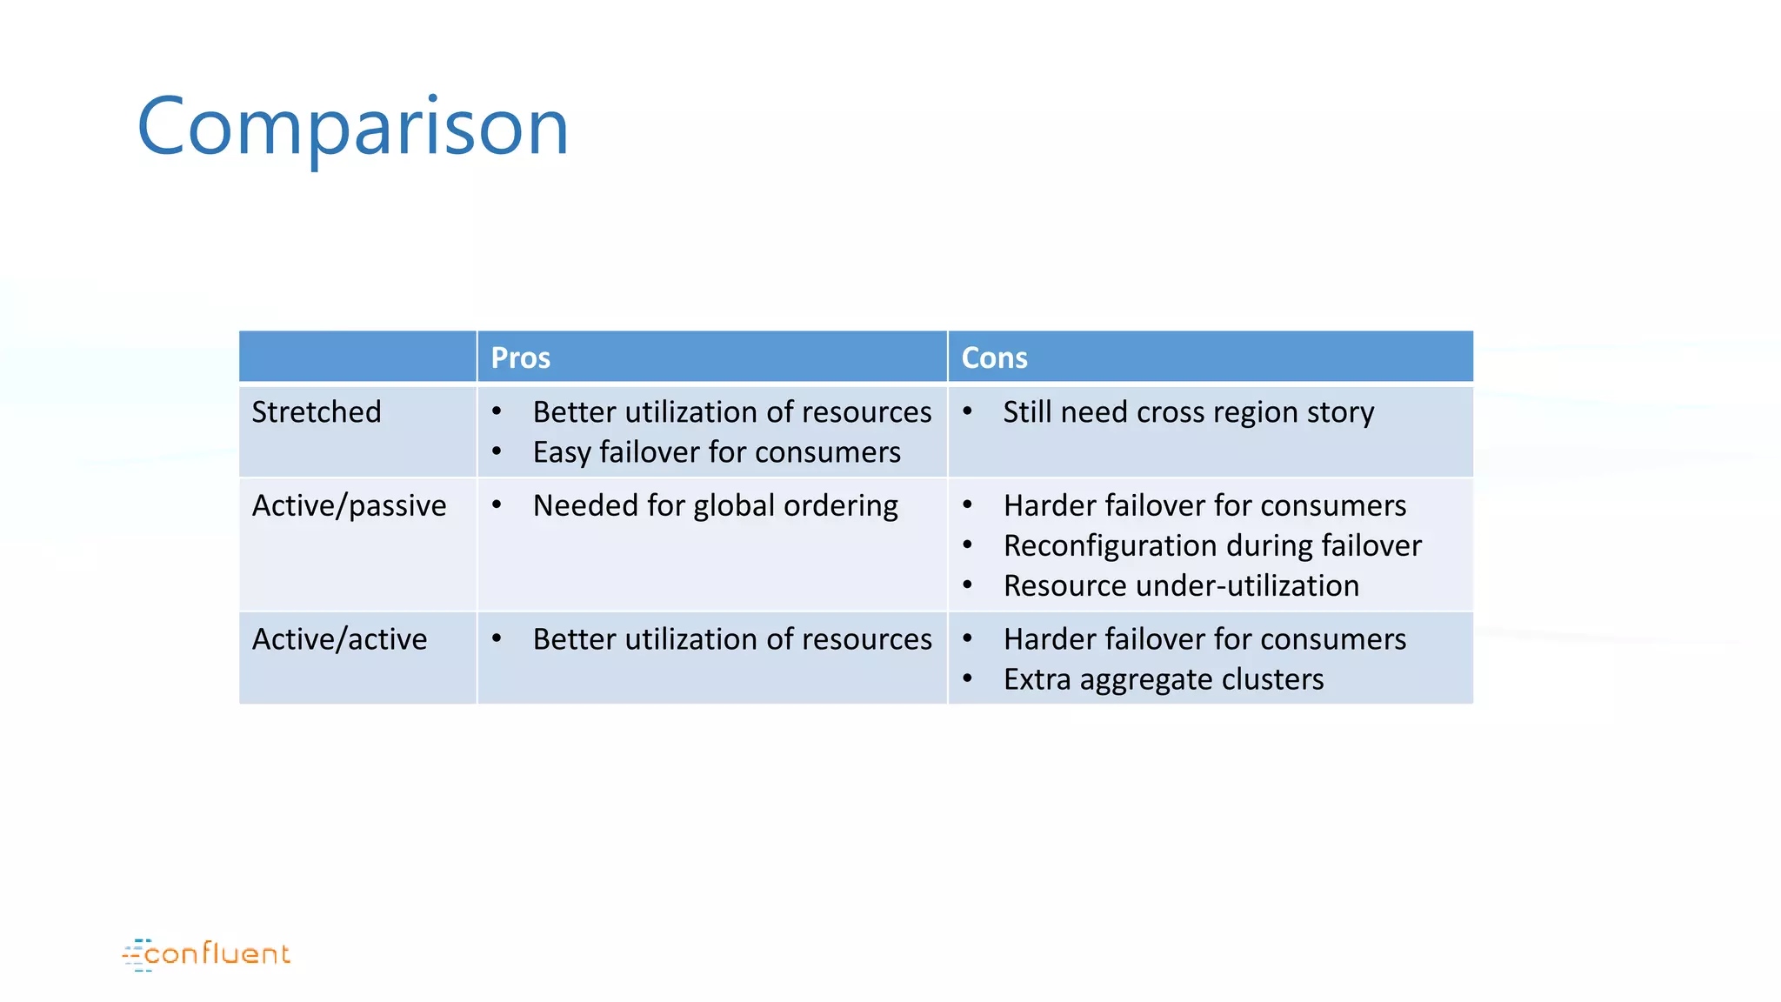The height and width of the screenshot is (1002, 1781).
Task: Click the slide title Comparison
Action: pyautogui.click(x=352, y=127)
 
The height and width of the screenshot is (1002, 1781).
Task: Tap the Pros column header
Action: pyautogui.click(x=520, y=357)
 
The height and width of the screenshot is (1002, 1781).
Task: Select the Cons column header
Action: pyautogui.click(x=994, y=357)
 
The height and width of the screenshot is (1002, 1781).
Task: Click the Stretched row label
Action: pyautogui.click(x=317, y=411)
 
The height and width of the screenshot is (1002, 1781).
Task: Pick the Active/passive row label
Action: pyautogui.click(x=349, y=505)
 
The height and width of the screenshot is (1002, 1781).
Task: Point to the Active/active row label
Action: pyautogui.click(x=339, y=639)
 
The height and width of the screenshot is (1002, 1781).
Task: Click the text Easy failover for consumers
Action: pyautogui.click(x=717, y=452)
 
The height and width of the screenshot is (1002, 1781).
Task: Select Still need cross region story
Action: pyautogui.click(x=1188, y=412)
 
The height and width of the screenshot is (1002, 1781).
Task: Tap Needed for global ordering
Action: pyautogui.click(x=715, y=505)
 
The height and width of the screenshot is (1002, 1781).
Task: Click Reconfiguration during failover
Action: pyautogui.click(x=1212, y=545)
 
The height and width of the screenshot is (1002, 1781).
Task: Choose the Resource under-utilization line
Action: pyautogui.click(x=1181, y=585)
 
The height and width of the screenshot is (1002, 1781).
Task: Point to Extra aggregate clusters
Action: pyautogui.click(x=1164, y=679)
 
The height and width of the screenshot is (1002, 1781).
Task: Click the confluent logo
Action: pyautogui.click(x=207, y=954)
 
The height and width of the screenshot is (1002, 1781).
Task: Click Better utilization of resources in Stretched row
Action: pyautogui.click(x=732, y=411)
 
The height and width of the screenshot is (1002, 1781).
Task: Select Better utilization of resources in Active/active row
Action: pyautogui.click(x=732, y=639)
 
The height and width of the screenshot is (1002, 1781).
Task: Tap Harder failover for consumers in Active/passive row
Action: pyautogui.click(x=1204, y=505)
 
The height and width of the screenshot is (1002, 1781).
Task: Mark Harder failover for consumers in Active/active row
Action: pyautogui.click(x=1204, y=639)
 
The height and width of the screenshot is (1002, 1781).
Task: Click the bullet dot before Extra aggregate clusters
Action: pyautogui.click(x=967, y=678)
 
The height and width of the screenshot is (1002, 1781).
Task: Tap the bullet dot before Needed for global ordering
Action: pyautogui.click(x=497, y=504)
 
